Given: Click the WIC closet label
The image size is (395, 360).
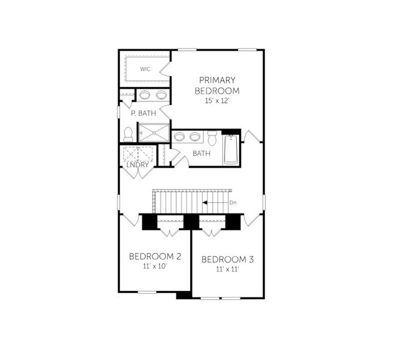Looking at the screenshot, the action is coord(145,69).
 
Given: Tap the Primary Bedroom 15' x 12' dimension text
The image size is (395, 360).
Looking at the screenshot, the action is coord(217,101).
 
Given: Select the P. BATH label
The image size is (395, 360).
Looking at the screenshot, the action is coord(143,113).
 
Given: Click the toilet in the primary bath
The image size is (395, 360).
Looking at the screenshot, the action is coord(128,134).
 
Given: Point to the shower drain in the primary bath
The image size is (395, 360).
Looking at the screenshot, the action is coord(153,133).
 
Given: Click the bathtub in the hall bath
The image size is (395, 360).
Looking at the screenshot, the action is coord(231,150).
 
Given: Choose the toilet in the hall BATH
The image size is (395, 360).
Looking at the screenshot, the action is coord(212,138).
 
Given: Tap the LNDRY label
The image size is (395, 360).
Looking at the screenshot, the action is coord(137,165).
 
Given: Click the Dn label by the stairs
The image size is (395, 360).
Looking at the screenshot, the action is coord(233,202).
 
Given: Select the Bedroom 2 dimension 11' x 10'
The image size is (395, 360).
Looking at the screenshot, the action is coord(155,266).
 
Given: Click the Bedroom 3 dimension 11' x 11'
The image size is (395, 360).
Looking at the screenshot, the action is coord(227,269).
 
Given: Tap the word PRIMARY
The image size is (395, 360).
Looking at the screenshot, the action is coord(217,80).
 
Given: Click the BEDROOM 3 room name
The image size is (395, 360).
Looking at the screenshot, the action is coord(228,259).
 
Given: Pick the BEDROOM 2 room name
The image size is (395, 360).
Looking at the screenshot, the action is coord(155,256).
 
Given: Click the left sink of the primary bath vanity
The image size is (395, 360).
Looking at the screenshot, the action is coord(145,95).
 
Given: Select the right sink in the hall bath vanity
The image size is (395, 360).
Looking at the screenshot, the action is coord(195,137).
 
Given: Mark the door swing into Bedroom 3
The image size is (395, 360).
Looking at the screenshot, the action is coord(252,220).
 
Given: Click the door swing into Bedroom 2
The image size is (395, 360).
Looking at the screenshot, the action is coord(131,220).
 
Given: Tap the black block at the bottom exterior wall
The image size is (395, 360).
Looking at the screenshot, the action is coord(184,295).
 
